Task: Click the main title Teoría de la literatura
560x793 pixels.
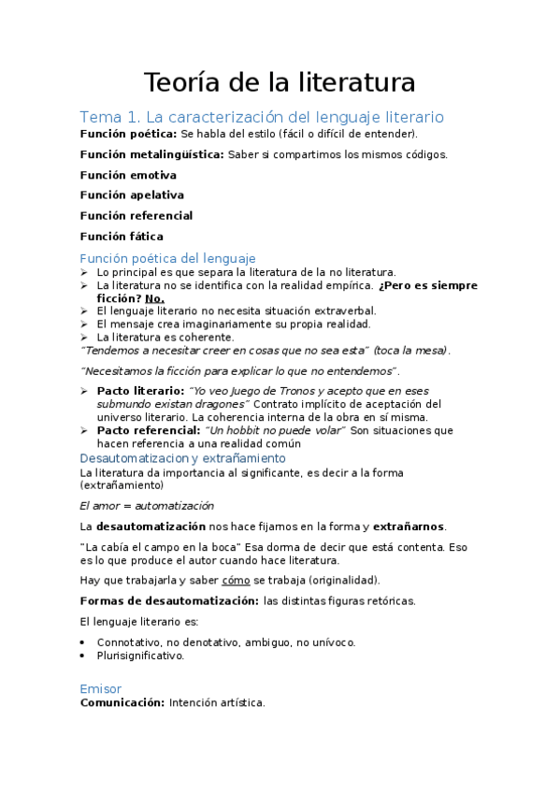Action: [x=279, y=82]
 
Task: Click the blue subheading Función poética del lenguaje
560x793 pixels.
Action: [x=167, y=257]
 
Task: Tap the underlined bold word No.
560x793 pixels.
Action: [x=154, y=298]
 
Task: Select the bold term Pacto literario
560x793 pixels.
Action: [x=140, y=390]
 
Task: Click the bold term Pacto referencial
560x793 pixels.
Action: [x=148, y=430]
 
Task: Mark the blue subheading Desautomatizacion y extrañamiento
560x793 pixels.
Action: [x=183, y=459]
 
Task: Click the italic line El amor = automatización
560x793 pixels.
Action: [x=140, y=505]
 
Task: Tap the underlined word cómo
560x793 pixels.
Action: [x=236, y=580]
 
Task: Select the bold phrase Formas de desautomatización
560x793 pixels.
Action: [x=169, y=600]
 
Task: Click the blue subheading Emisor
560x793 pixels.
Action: [x=101, y=688]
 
